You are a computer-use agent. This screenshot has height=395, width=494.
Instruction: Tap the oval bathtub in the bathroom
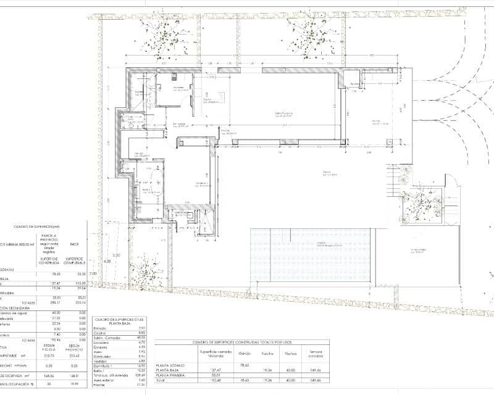click(x=152, y=185)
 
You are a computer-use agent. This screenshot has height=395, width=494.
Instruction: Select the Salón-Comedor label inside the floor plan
click(x=283, y=114)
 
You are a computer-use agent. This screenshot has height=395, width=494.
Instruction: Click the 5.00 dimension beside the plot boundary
click(x=115, y=254)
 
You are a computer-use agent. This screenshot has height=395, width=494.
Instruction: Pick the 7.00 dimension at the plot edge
click(x=94, y=273)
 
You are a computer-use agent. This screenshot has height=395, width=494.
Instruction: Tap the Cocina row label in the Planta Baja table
click(x=99, y=333)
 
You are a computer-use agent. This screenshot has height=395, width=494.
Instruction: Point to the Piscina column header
click(x=290, y=354)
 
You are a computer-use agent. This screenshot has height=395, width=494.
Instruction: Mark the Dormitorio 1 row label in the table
click(x=103, y=366)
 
